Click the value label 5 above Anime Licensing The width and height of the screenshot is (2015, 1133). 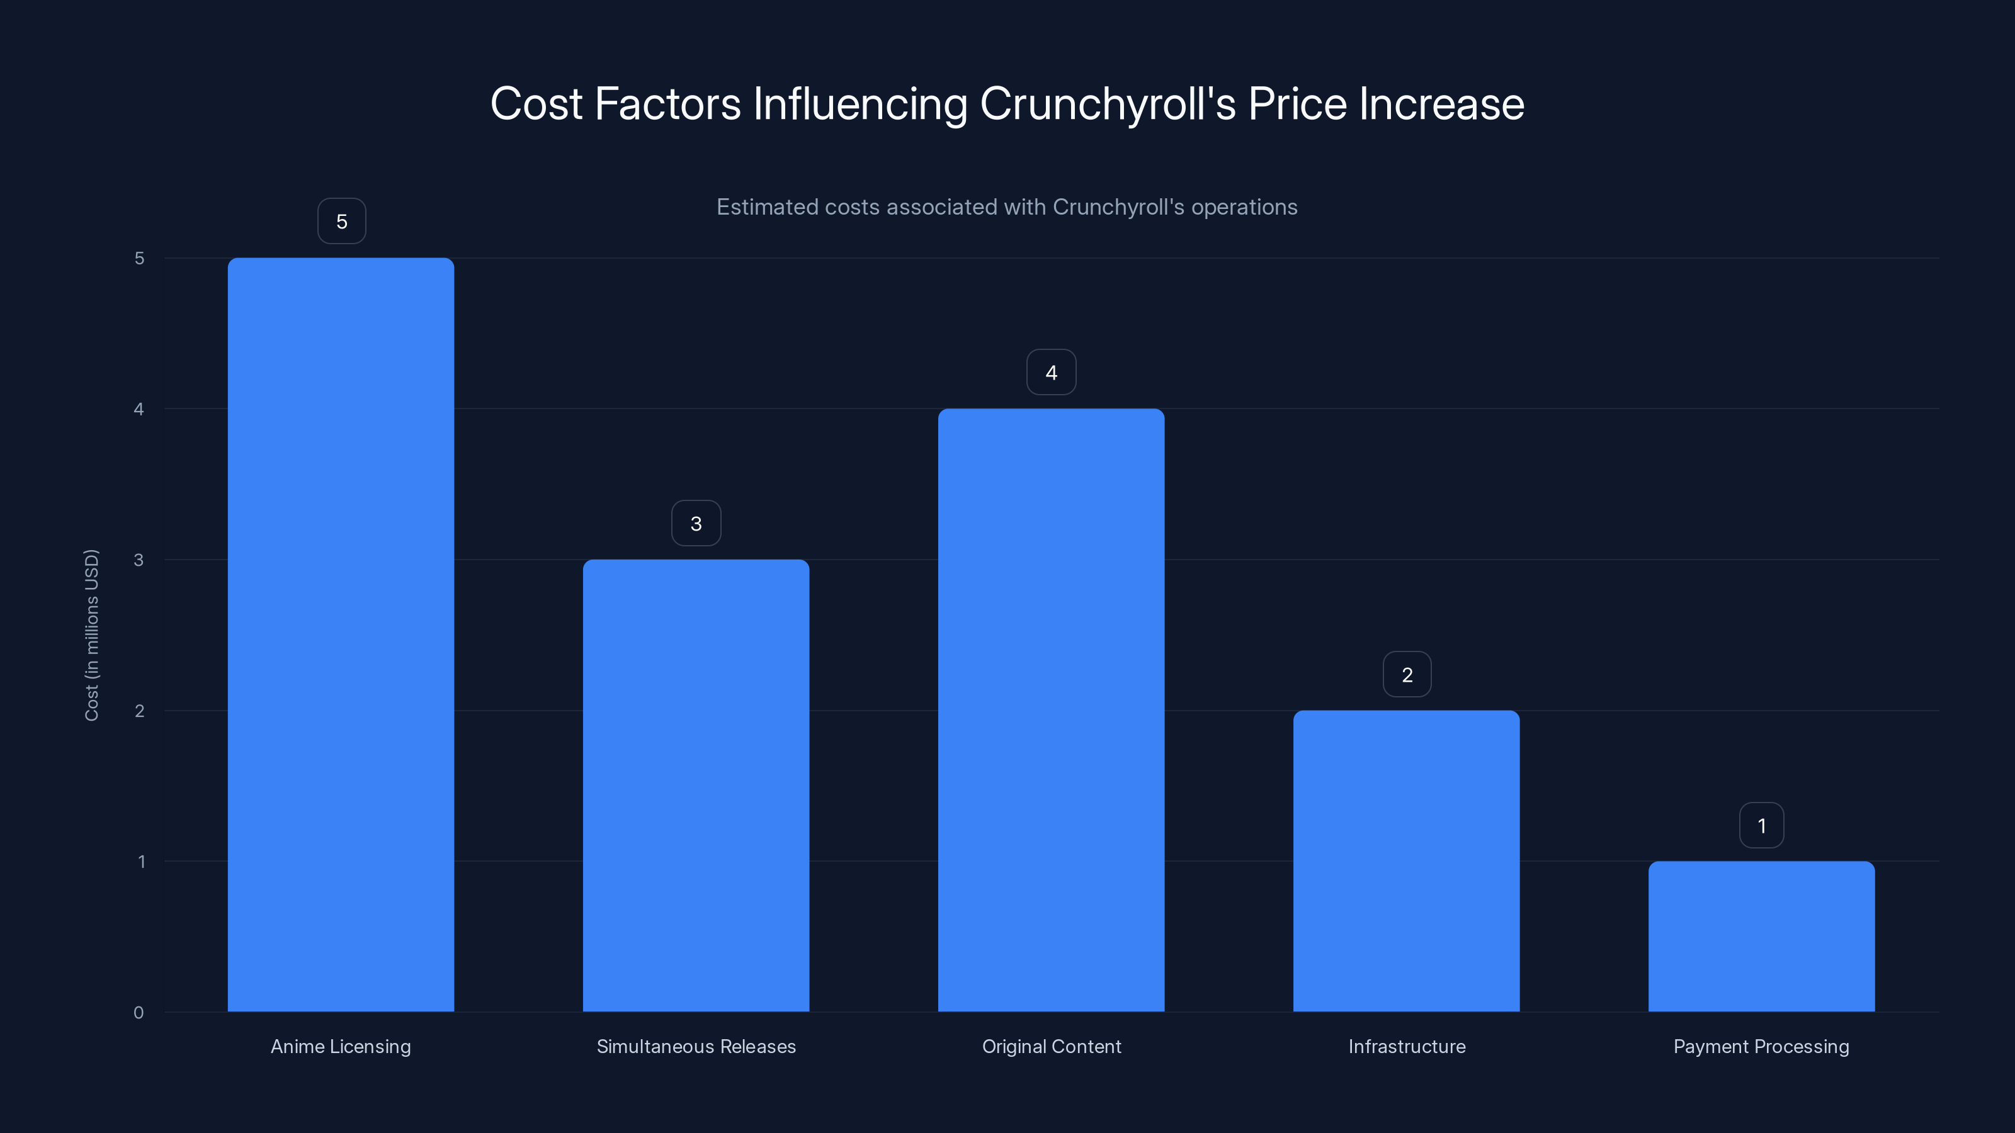click(341, 222)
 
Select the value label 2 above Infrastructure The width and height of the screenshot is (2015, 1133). click(1407, 674)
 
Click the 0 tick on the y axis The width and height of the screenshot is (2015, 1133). click(139, 1013)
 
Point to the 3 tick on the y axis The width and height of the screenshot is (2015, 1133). click(139, 560)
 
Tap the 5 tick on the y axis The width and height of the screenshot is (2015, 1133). click(139, 258)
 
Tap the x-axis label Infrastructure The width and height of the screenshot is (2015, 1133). click(1407, 1046)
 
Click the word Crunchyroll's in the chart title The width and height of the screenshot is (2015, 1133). click(1107, 104)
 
